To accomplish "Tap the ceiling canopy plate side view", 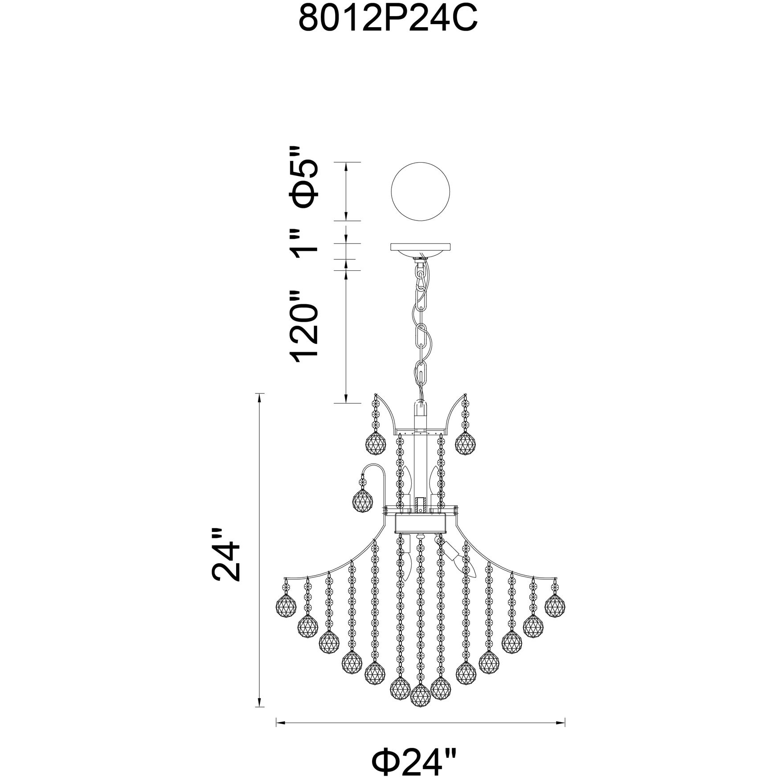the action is click(x=421, y=250).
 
